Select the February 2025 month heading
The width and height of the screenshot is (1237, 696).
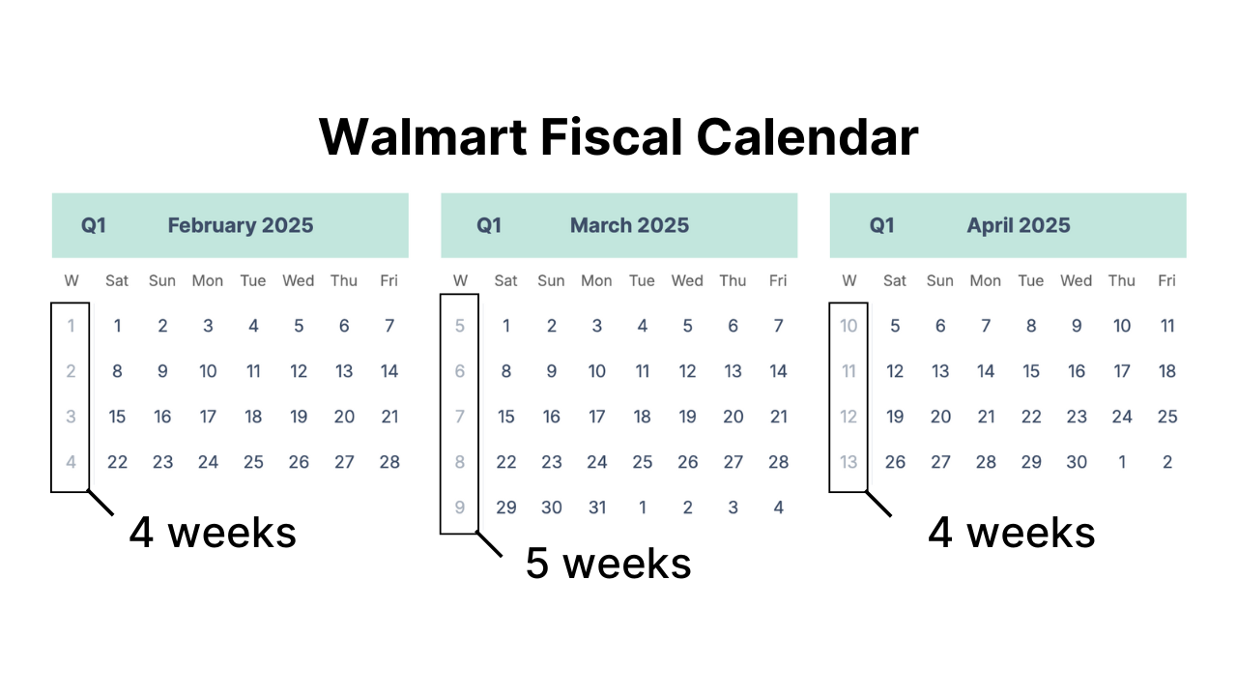[x=241, y=225]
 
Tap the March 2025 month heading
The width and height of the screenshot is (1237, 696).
[x=629, y=225]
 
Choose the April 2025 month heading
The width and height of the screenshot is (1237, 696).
[x=1019, y=225]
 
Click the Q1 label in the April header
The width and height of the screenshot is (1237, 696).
[x=881, y=225]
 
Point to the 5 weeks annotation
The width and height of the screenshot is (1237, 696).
[x=608, y=563]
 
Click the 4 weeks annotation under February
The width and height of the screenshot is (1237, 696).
[x=213, y=532]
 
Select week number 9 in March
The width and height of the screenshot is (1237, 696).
[x=460, y=507]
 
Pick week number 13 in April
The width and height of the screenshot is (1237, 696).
[x=849, y=462]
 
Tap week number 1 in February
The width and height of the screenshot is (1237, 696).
[x=71, y=326]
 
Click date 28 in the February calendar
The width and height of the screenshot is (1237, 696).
[x=389, y=462]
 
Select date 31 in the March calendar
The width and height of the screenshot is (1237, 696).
[x=597, y=507]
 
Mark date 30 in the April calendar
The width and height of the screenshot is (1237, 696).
[x=1077, y=462]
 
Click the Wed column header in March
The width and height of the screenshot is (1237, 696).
[x=687, y=280]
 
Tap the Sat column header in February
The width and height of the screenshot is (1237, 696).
[x=117, y=280]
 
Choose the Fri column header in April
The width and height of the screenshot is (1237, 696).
[x=1167, y=280]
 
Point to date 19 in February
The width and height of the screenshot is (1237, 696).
[x=299, y=417]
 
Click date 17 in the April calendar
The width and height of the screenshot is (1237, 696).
[x=1122, y=371]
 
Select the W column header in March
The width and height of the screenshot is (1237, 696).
[x=460, y=280]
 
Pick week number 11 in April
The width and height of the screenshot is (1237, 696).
[x=849, y=371]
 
